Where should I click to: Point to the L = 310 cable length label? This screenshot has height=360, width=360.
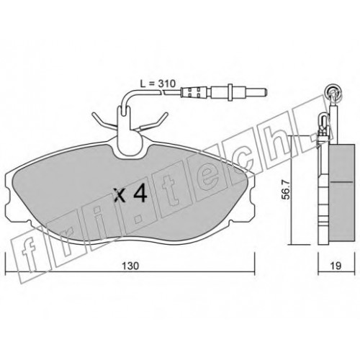[158, 84]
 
